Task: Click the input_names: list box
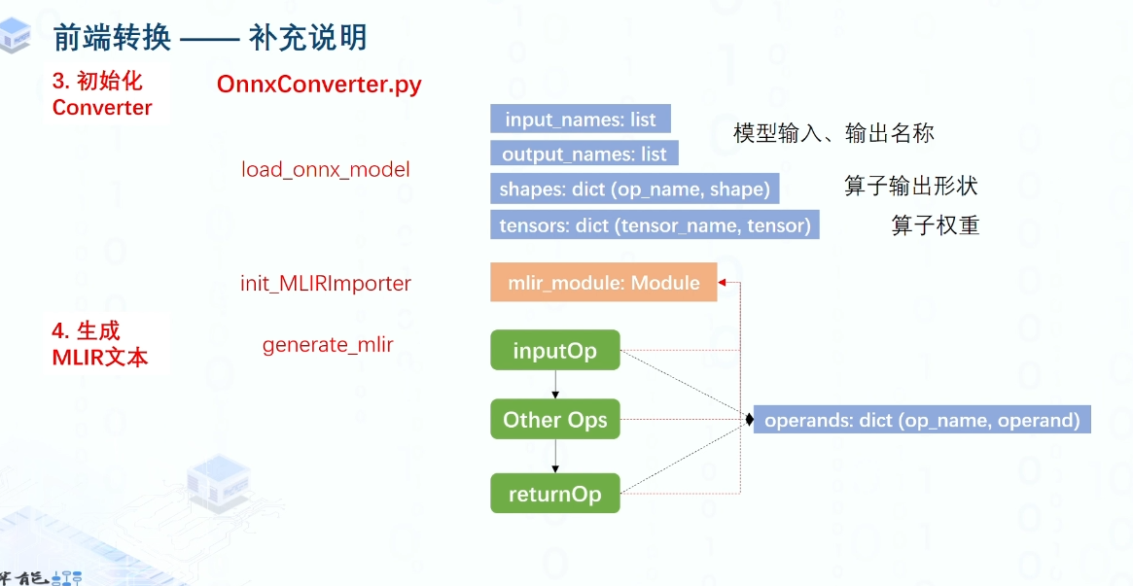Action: tap(581, 121)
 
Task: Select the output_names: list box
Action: tap(584, 154)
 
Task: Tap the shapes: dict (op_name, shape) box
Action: tap(635, 189)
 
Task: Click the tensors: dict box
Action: tap(655, 225)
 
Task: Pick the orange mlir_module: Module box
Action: tap(604, 283)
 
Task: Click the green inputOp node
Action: tap(554, 351)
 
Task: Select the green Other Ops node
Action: tap(554, 420)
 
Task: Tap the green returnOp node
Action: tap(554, 494)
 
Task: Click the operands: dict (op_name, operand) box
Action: tap(921, 420)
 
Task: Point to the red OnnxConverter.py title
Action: tap(319, 85)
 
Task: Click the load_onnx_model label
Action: tap(326, 169)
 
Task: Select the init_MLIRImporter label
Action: tap(326, 284)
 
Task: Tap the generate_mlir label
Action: tap(328, 344)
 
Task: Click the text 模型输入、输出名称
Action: tap(833, 133)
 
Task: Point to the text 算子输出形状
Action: tap(910, 186)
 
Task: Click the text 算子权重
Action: tap(935, 225)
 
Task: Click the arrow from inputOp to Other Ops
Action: tap(554, 384)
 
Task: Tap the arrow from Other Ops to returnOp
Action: tap(554, 457)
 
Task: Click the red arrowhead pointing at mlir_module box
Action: tap(724, 283)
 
